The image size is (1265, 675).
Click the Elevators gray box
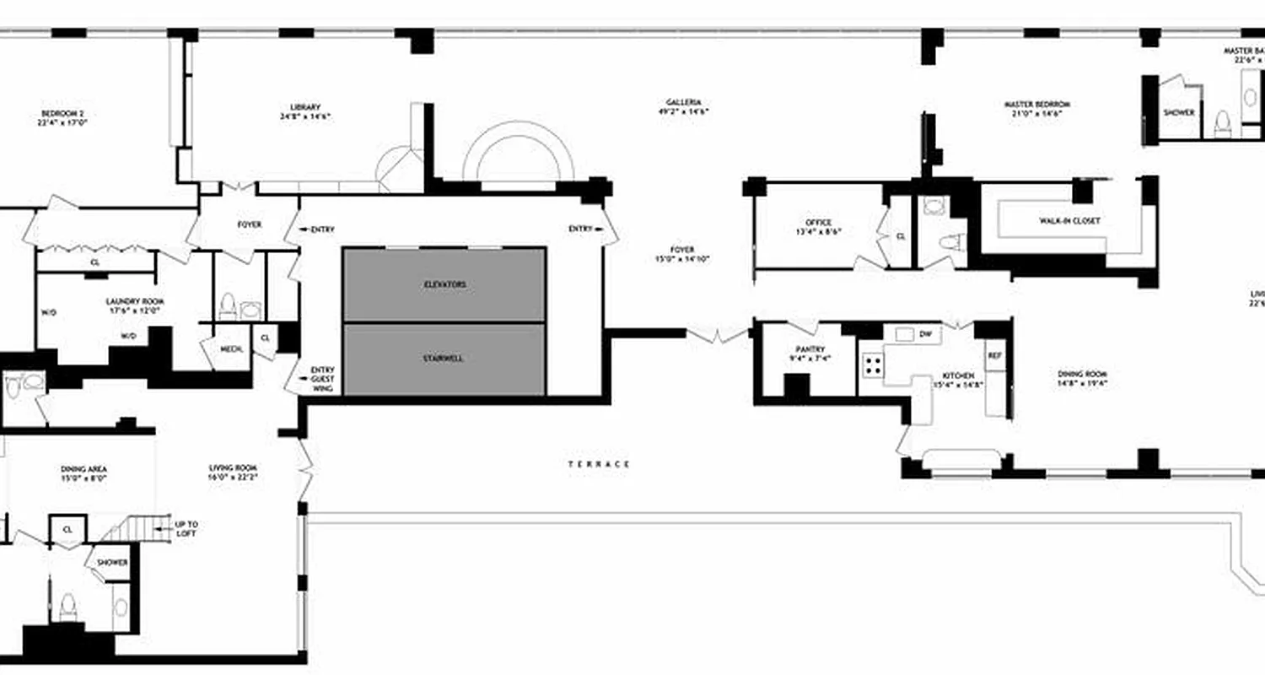pos(444,284)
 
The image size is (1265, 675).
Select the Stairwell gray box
pos(444,359)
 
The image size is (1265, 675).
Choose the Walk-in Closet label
pos(1069,221)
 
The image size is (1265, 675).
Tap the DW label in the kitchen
pos(925,333)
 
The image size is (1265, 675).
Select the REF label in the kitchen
pos(994,355)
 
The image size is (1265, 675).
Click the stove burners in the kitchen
pos(872,365)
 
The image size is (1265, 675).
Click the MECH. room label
pos(231,348)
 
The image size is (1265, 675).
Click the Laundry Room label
pos(135,305)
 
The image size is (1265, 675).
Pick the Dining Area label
pos(83,473)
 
